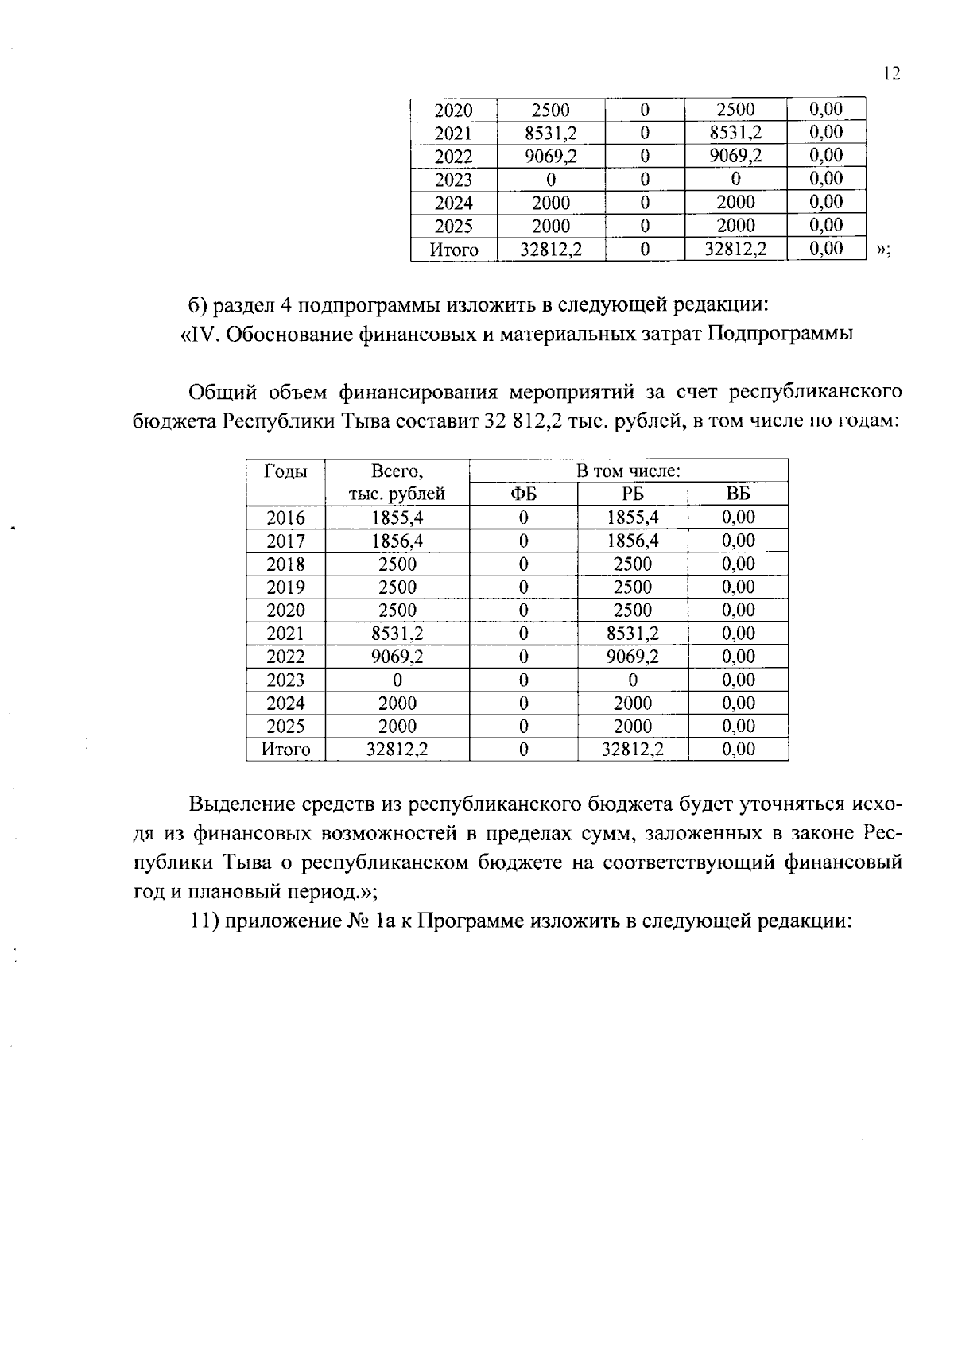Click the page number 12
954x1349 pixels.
(x=890, y=74)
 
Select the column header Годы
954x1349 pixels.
(x=285, y=471)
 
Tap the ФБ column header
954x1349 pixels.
(x=523, y=494)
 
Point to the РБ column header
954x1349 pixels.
(x=633, y=494)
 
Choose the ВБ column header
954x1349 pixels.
(x=738, y=494)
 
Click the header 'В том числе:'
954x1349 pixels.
(x=628, y=471)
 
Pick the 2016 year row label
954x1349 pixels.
(x=285, y=518)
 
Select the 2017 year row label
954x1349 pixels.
(x=285, y=541)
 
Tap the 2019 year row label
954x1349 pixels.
(x=285, y=587)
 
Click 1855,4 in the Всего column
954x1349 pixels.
(x=397, y=518)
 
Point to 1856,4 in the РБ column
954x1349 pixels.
(x=633, y=541)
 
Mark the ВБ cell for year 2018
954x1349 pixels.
(x=738, y=564)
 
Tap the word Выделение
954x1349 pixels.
(x=238, y=804)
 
